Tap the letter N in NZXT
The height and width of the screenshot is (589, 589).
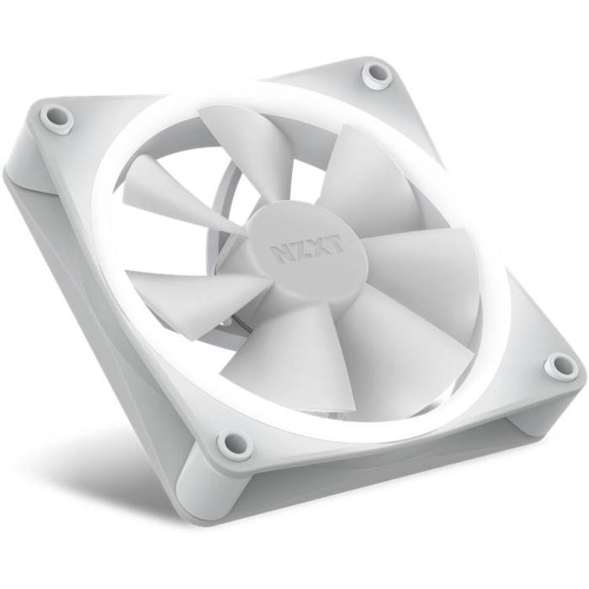pyautogui.click(x=281, y=253)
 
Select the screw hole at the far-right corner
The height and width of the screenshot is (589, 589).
pyautogui.click(x=561, y=366)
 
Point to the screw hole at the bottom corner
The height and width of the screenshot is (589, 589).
pyautogui.click(x=235, y=443)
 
